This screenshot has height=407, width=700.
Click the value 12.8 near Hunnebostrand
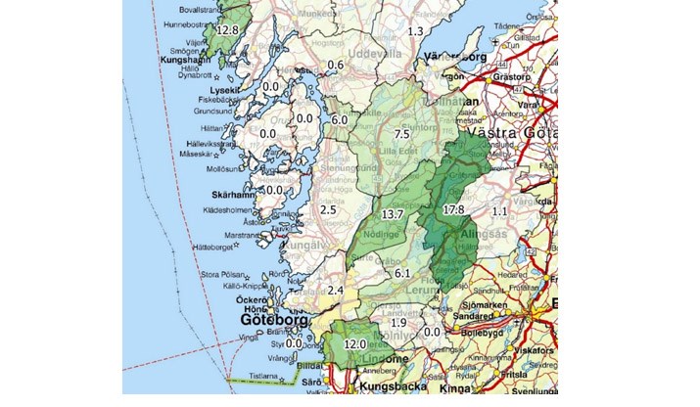227,30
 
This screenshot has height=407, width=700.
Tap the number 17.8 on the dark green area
453,210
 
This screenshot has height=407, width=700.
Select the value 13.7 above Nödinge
393,213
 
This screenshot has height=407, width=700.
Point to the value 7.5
399,134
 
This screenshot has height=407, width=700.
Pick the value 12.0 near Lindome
353,344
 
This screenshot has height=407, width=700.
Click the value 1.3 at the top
415,31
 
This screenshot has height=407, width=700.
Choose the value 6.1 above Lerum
401,273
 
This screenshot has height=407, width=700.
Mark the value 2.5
328,209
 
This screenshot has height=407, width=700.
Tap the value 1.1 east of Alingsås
500,211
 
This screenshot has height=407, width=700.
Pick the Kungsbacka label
375,388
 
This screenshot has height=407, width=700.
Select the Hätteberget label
216,248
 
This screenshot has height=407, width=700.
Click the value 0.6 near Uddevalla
336,66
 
